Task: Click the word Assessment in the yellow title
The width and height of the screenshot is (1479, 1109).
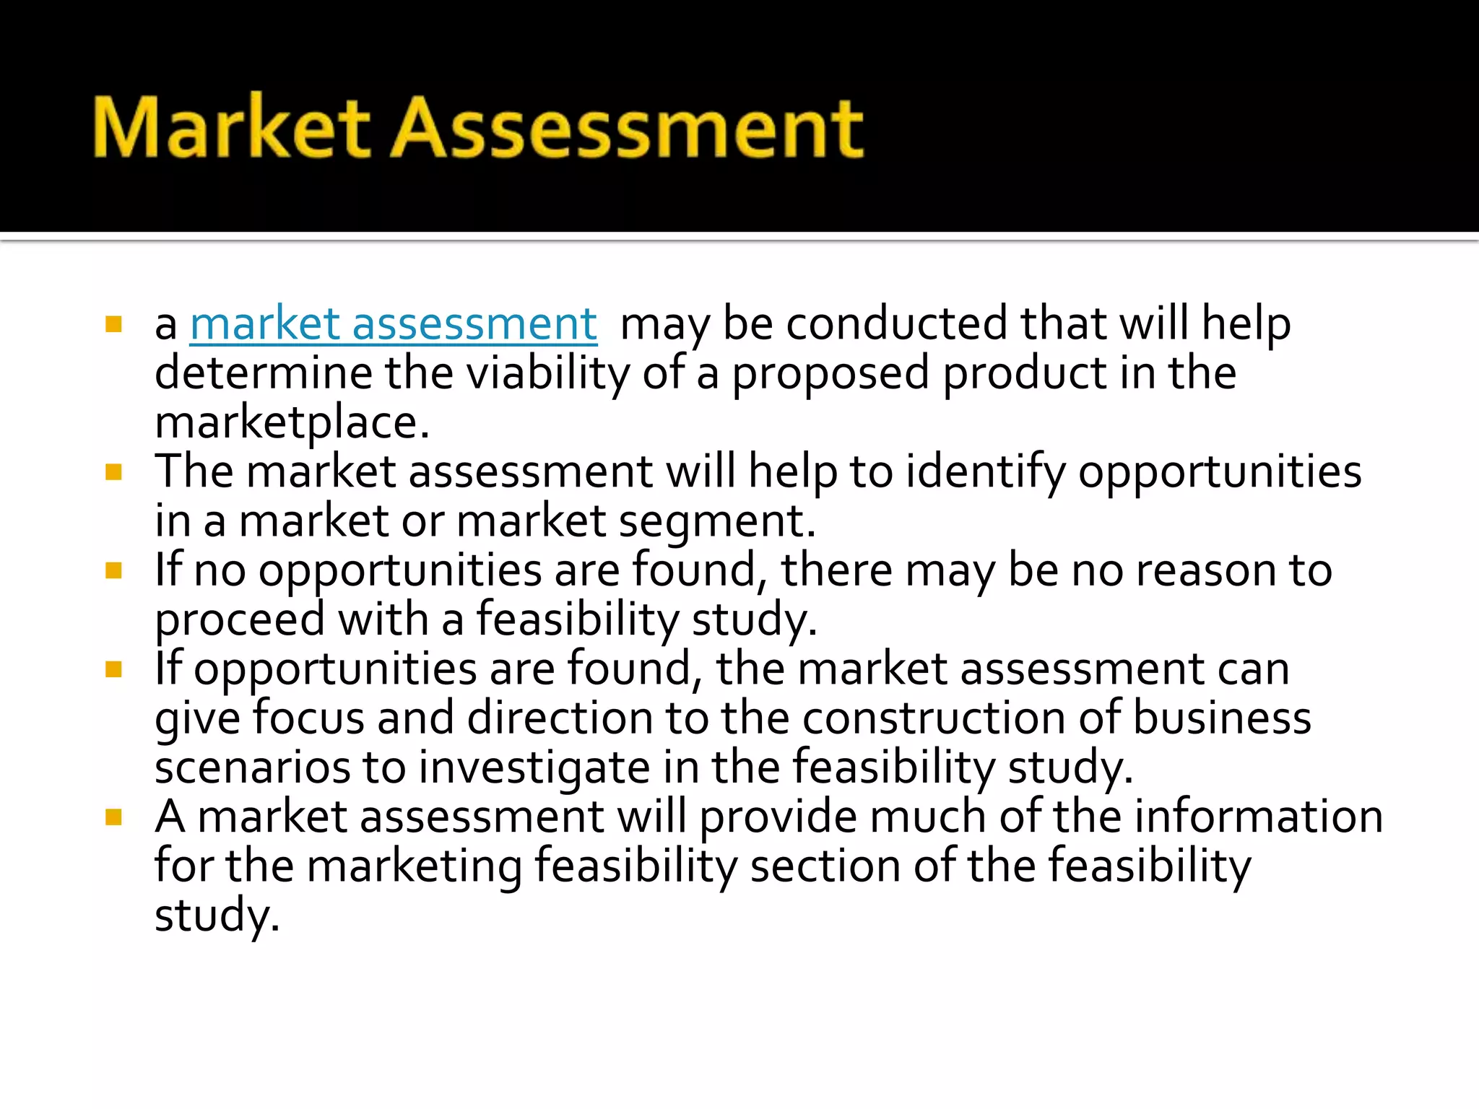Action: click(627, 129)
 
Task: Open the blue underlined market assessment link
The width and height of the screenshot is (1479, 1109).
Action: click(394, 323)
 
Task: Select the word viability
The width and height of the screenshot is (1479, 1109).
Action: click(547, 373)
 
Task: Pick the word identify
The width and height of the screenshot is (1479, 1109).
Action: click(985, 471)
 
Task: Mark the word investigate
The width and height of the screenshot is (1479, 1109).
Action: click(534, 767)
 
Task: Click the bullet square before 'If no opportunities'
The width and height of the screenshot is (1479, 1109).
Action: click(113, 571)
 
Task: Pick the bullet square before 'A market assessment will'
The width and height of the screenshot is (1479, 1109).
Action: click(113, 817)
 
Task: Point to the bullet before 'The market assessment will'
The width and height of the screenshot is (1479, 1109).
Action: click(113, 472)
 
